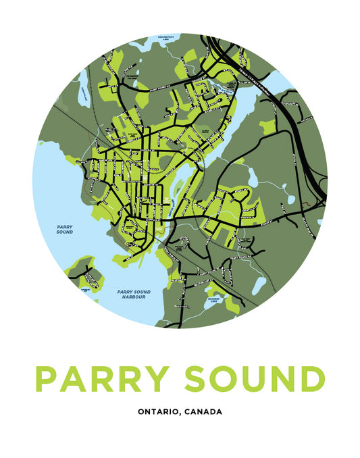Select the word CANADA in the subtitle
point(203,411)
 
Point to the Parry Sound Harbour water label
point(134,294)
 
